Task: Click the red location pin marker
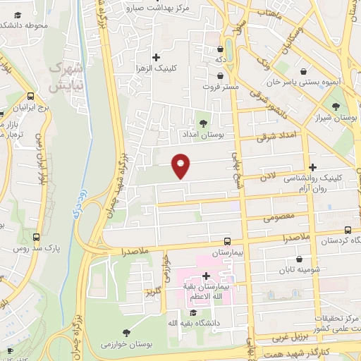(x=181, y=166)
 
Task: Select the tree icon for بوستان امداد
(x=204, y=123)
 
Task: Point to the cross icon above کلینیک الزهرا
(x=157, y=56)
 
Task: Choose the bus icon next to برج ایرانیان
(x=30, y=97)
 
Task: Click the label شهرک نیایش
(x=66, y=78)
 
